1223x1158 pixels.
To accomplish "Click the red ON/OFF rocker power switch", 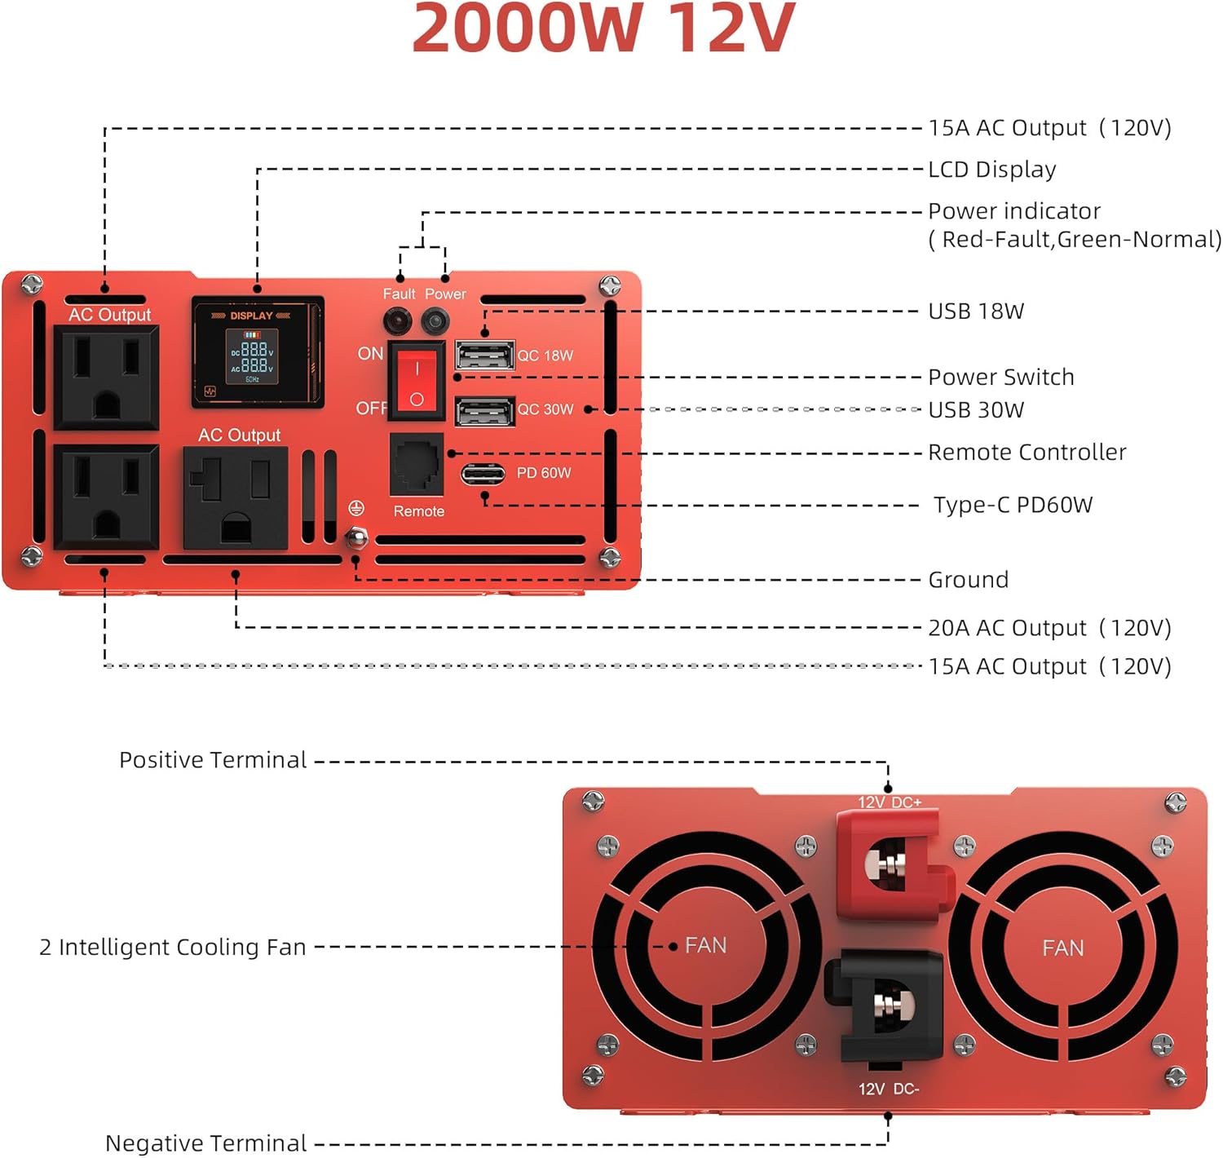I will tap(417, 380).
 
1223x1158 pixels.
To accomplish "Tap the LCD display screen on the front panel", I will tap(253, 356).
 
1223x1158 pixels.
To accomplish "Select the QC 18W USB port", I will tap(484, 356).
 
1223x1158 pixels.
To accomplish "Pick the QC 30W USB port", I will tap(484, 411).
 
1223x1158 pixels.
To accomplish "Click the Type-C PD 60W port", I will tap(483, 474).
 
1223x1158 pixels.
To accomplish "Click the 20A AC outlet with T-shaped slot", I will tap(236, 498).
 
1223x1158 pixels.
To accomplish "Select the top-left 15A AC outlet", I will tap(106, 377).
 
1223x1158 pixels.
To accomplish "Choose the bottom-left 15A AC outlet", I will tap(106, 497).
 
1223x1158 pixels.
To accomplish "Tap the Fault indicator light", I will tap(397, 321).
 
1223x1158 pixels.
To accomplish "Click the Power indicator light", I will tap(435, 321).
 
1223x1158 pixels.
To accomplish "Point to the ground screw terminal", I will tap(356, 537).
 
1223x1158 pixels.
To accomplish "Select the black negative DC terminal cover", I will tap(889, 1005).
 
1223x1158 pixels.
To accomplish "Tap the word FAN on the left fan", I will tap(705, 945).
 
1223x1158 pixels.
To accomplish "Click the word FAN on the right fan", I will tap(1062, 948).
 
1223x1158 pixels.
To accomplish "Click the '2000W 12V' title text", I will tap(603, 29).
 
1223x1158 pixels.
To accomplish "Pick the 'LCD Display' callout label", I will tap(991, 170).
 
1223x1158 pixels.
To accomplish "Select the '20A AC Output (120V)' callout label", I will tap(1049, 628).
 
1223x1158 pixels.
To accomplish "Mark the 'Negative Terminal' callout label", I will tap(205, 1143).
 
